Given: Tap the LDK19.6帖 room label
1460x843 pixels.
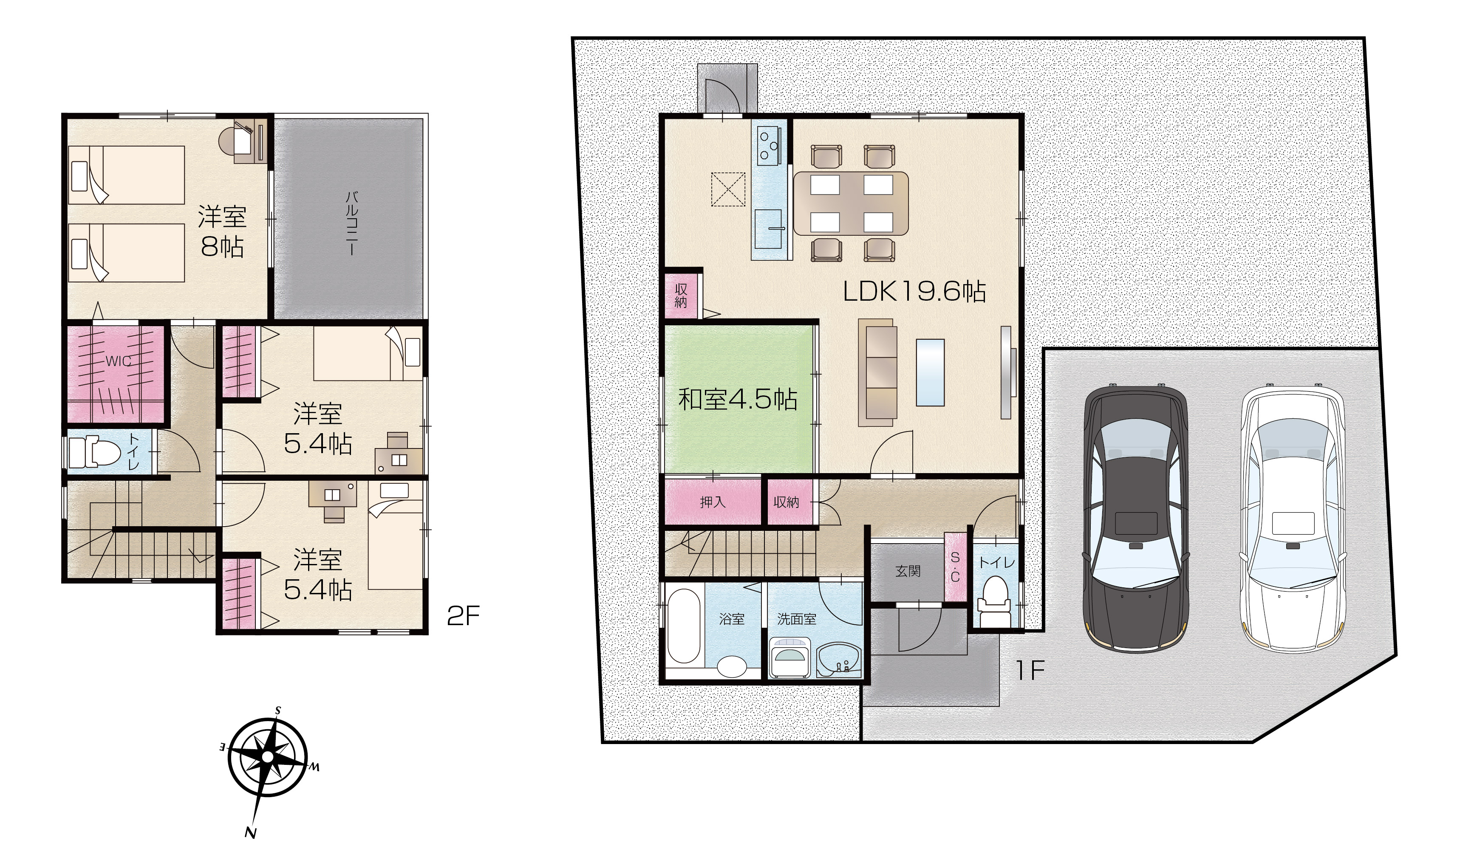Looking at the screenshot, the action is (914, 291).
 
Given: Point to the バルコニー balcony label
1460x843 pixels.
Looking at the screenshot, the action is (351, 223).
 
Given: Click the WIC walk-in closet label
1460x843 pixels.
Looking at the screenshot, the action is (119, 361).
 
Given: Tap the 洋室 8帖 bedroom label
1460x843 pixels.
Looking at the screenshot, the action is (222, 231).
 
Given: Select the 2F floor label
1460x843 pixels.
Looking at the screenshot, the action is (463, 617).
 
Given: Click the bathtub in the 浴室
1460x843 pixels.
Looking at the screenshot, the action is (684, 626).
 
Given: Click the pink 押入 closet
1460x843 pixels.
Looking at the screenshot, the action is (712, 502).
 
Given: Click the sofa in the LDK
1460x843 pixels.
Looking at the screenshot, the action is (878, 372).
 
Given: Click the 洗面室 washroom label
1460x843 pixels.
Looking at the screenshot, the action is (796, 619).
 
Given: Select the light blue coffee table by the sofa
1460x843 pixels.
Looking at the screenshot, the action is (930, 372).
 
